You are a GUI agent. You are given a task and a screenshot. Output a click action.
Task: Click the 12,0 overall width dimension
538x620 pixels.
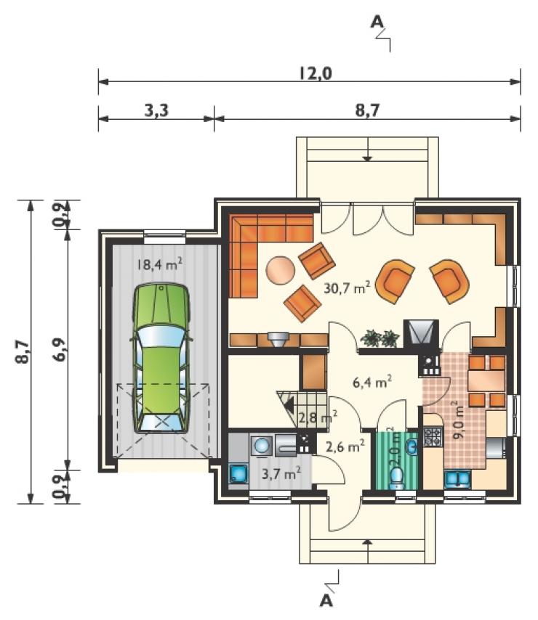pos(316,73)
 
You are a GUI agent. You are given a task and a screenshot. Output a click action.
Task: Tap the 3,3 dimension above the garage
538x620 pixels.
pos(156,110)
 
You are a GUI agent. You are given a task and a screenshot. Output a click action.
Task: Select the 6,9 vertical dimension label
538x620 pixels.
pos(60,349)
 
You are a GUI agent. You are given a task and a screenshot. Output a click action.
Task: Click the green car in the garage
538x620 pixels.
pos(161,358)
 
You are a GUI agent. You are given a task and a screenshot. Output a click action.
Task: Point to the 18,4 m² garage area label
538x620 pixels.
pos(159,264)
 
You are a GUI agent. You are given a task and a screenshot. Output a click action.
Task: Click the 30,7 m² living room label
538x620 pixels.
pos(348,287)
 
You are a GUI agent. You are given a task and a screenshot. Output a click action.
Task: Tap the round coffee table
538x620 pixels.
pos(281,270)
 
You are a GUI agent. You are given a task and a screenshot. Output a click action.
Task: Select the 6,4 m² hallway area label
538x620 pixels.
pos(372,382)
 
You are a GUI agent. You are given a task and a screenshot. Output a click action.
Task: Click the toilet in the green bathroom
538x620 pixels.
pos(397,478)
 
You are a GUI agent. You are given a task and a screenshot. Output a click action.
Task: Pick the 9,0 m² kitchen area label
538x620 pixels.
pos(459,420)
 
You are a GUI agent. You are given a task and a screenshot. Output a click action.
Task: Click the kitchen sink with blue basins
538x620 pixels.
pos(457,479)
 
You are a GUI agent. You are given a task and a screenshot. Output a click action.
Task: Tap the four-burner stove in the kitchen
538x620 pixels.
pos(433,436)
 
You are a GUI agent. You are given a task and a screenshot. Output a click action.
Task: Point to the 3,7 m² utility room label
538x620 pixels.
pos(281,473)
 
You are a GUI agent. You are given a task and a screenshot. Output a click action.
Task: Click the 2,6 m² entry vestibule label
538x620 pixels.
pos(345,446)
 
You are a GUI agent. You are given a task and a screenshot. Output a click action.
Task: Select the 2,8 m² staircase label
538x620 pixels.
pos(318,417)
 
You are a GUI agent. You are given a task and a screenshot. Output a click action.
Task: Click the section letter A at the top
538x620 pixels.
pos(377,22)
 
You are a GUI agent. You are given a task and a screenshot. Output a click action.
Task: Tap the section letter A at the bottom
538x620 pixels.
pos(326,600)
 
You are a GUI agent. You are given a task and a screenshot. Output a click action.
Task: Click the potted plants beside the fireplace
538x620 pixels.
pos(380,338)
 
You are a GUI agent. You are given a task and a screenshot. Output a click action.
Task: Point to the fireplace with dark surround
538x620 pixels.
pos(421,333)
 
